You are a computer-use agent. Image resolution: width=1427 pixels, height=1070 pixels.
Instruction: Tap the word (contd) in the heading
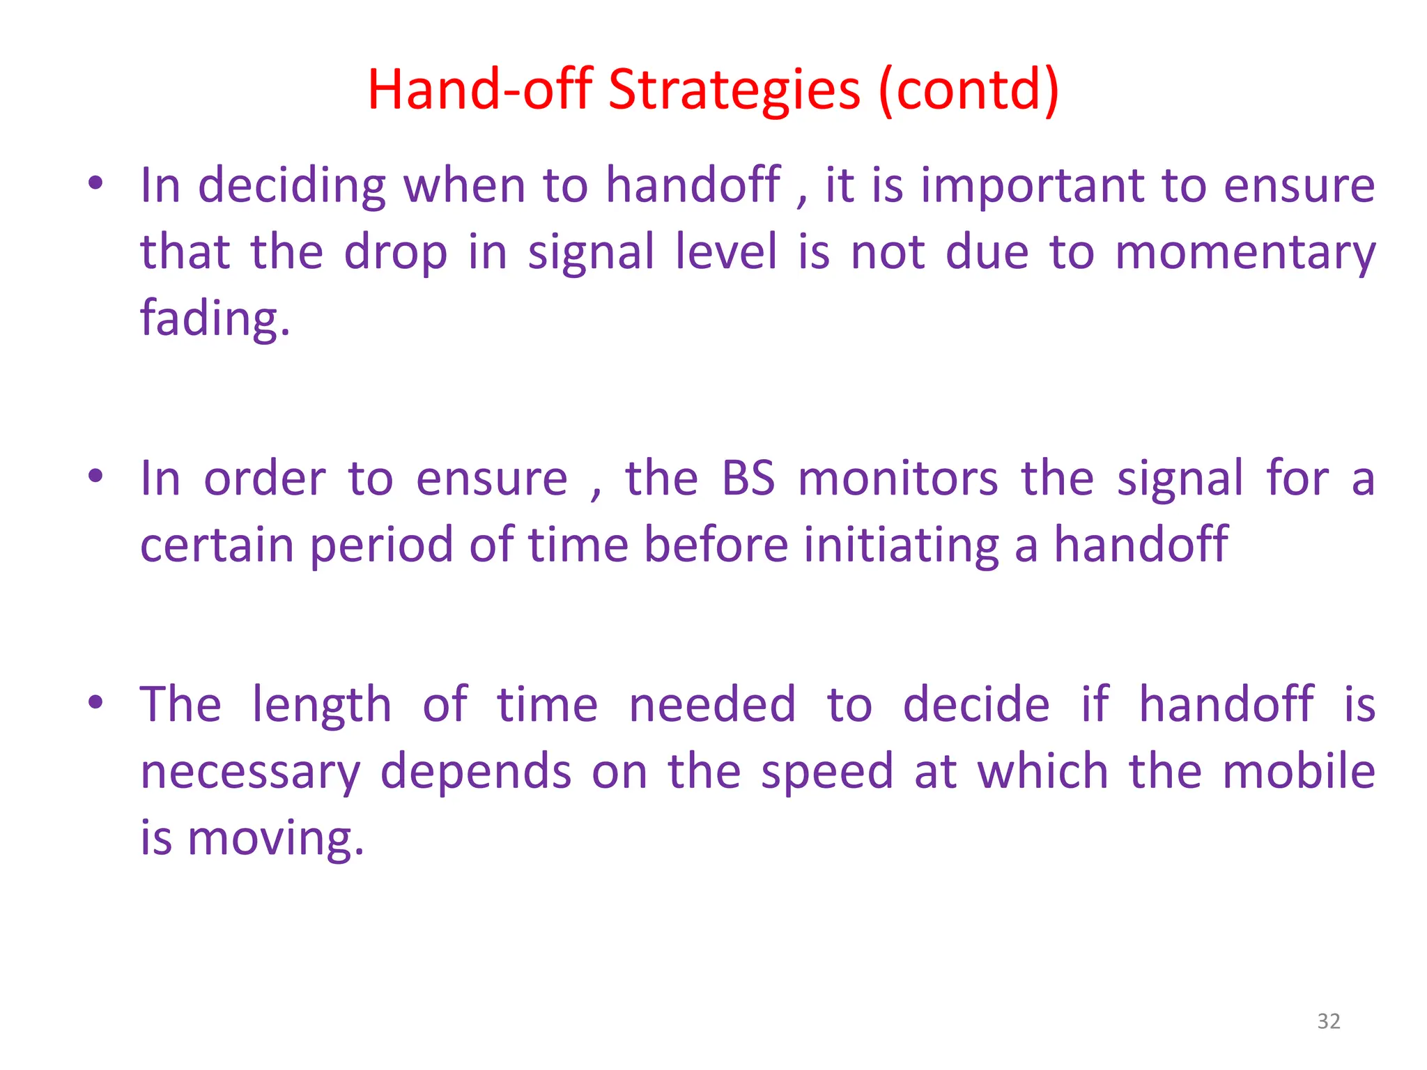[969, 91]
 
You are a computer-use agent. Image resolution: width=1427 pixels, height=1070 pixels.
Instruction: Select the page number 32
[1329, 1021]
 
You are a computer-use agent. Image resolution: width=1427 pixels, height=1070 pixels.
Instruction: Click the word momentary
[1245, 252]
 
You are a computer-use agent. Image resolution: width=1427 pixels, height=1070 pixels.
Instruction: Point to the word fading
[215, 319]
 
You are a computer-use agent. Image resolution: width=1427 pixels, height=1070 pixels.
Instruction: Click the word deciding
[292, 187]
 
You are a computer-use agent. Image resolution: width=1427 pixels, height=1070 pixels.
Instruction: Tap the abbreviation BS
[748, 479]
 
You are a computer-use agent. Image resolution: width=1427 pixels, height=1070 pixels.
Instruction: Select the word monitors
[898, 479]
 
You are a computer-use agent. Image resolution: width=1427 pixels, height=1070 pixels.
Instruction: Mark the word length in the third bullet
[321, 706]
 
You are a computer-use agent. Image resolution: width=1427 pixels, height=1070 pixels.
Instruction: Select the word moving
[276, 838]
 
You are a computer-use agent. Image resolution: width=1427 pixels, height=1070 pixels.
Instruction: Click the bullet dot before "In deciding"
[96, 184]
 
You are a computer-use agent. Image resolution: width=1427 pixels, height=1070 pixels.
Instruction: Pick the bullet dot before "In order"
[96, 477]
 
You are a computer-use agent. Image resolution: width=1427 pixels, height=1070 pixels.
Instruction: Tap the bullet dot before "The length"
[96, 702]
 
